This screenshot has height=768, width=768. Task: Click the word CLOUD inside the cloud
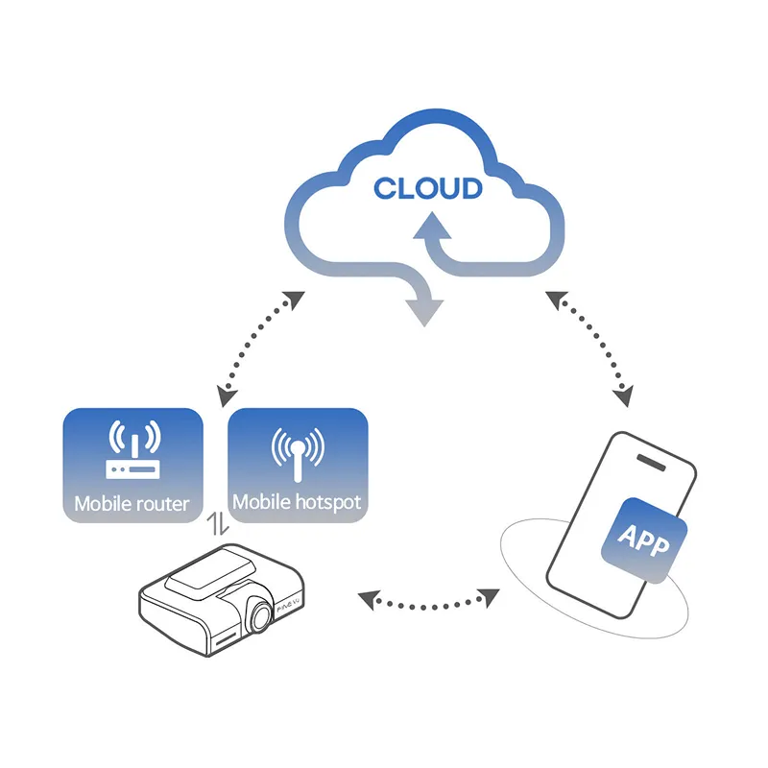pos(427,187)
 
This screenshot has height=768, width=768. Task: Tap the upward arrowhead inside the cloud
pos(428,226)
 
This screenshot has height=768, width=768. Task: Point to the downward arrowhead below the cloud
pos(424,312)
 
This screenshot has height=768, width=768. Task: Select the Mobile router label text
pos(132,503)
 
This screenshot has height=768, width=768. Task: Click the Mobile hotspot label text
pos(298,502)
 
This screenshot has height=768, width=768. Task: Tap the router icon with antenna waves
pos(132,452)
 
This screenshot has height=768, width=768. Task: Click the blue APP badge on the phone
pos(644,541)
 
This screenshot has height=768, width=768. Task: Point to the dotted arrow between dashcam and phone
pos(428,601)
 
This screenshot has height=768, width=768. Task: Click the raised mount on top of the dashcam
pos(209,575)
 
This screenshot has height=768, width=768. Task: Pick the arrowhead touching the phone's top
pos(626,395)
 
